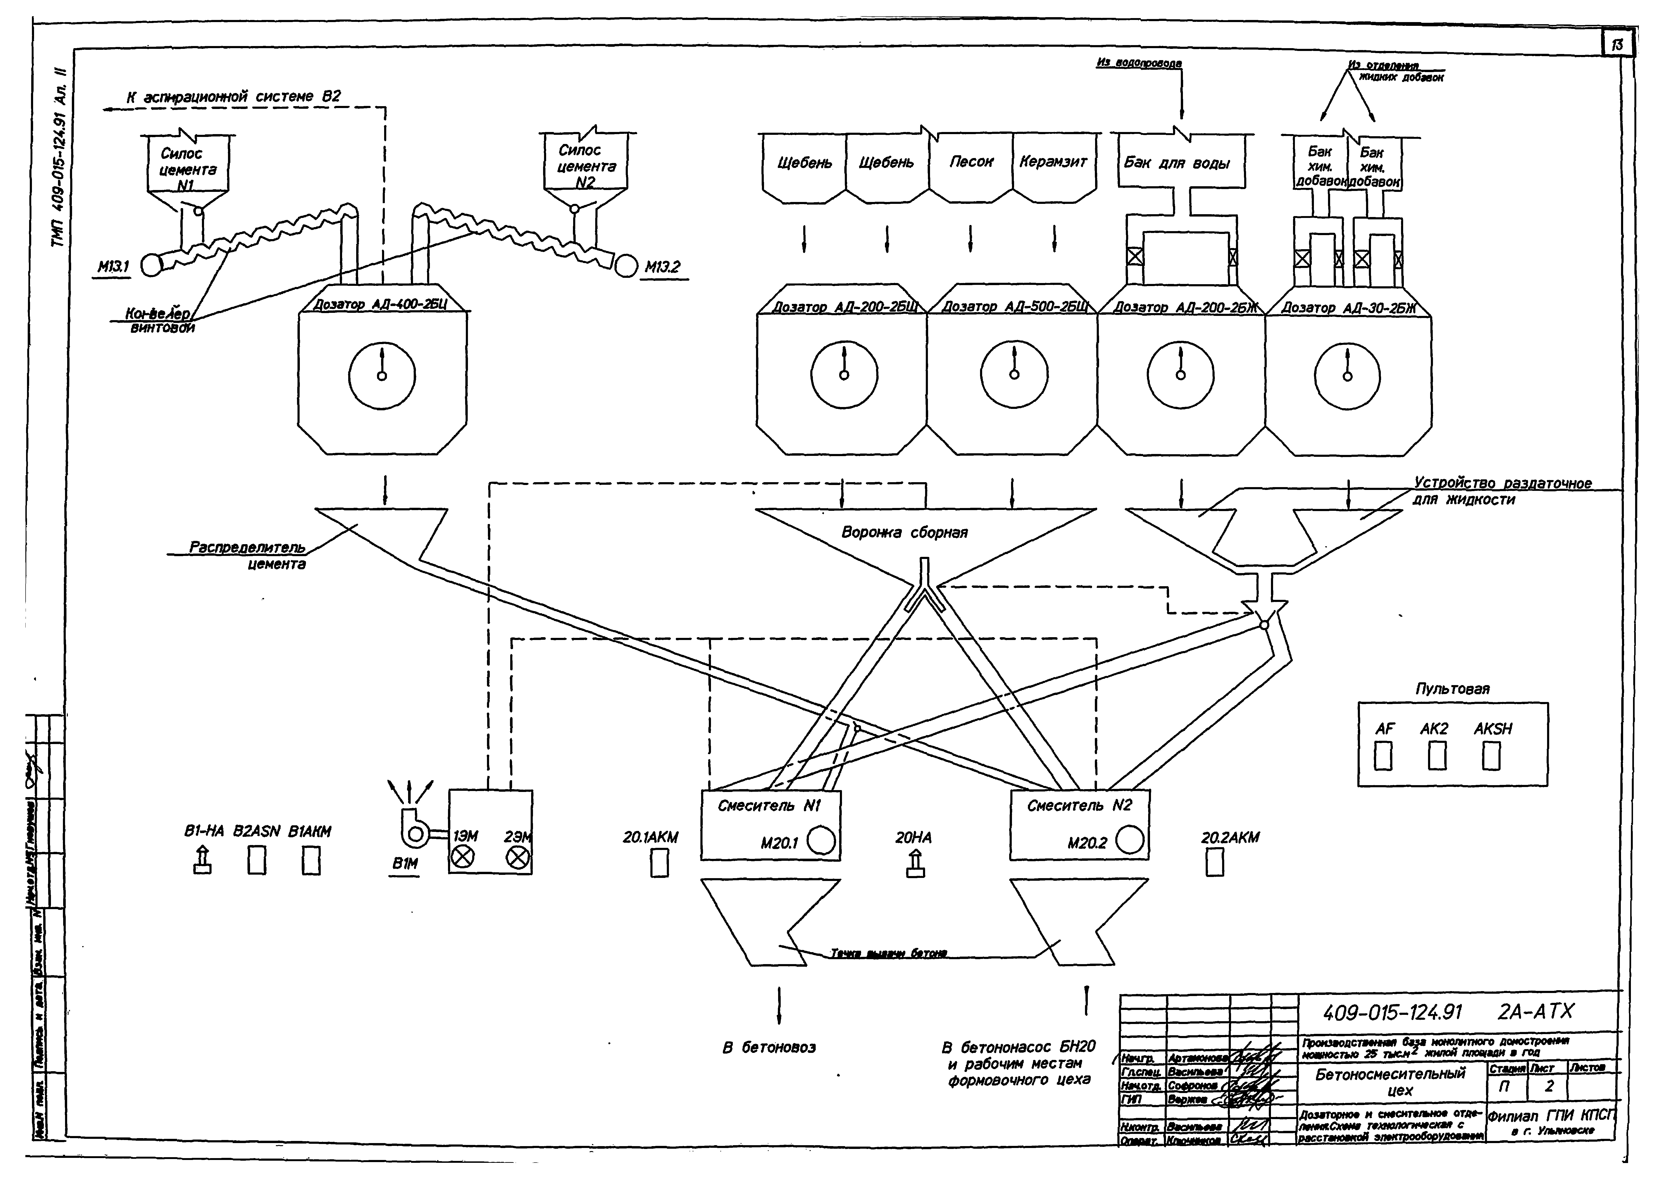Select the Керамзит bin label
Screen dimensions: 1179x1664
[x=1053, y=162]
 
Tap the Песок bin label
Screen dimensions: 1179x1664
[x=971, y=162]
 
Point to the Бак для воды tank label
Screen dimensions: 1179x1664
[x=1177, y=163]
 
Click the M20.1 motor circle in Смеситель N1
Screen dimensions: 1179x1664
[x=821, y=842]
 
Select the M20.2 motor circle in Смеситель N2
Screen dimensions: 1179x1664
[x=1129, y=842]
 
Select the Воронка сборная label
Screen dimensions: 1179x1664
[x=904, y=533]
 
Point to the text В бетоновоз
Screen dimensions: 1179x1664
[x=769, y=1048]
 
